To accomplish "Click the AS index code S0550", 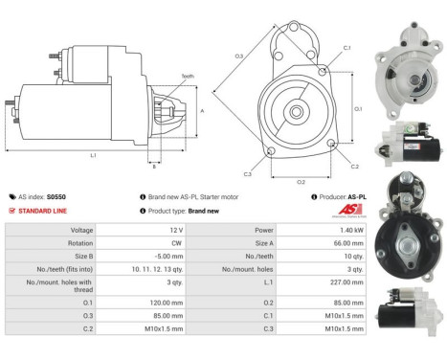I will point(57,196).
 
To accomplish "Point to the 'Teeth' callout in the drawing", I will point(187,77).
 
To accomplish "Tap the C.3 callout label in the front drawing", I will point(247,174).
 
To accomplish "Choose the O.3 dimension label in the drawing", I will point(238,56).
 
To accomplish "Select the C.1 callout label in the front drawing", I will point(346,47).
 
